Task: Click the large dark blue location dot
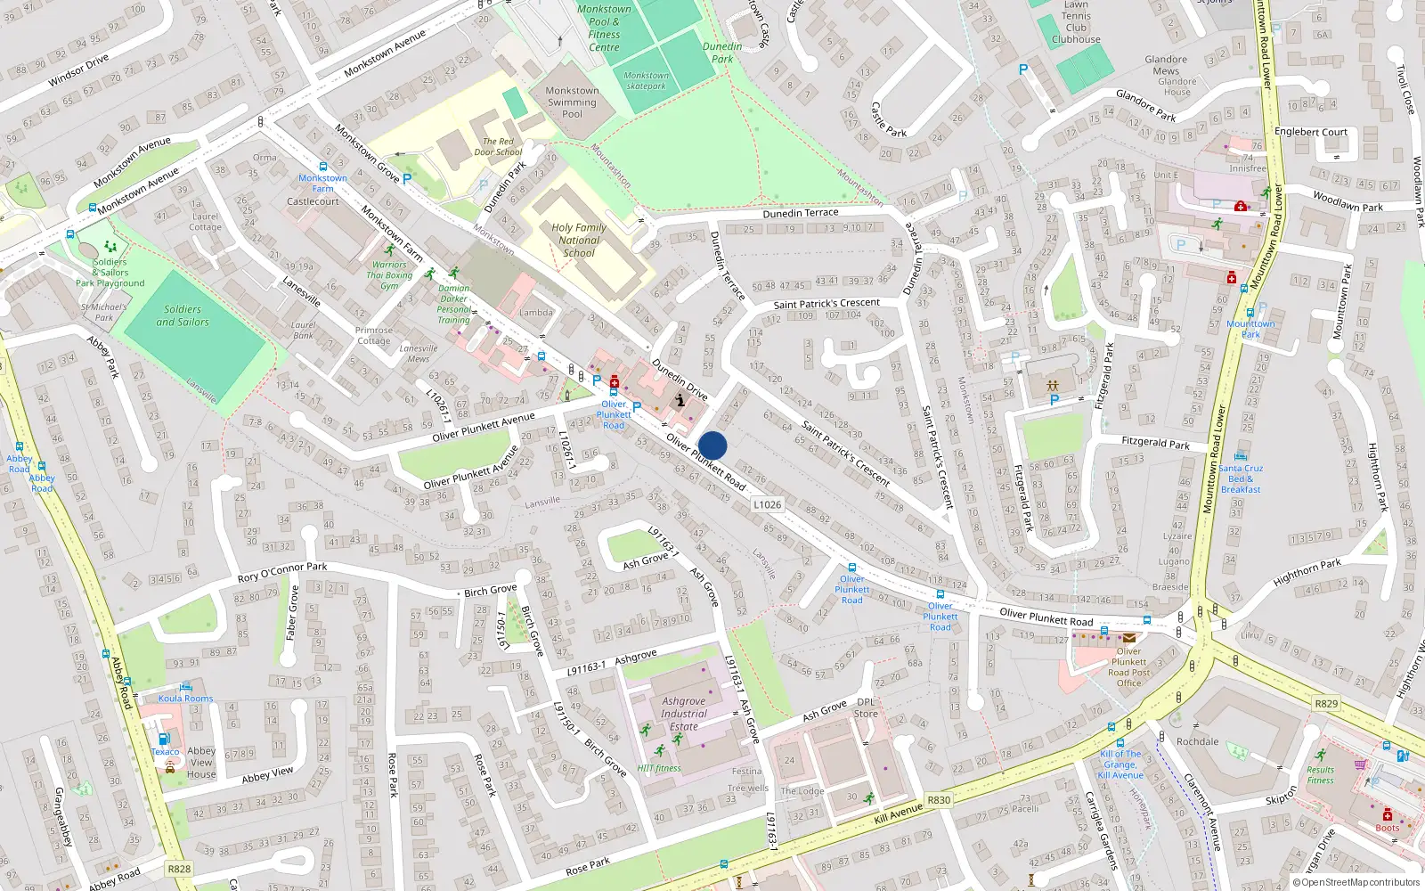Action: click(712, 445)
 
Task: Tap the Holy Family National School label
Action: click(579, 240)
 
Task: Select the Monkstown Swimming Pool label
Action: click(572, 102)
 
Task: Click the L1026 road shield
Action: click(767, 504)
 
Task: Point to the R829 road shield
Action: click(1326, 703)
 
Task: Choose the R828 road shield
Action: click(179, 869)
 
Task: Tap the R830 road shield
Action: click(939, 800)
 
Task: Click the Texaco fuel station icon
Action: click(164, 740)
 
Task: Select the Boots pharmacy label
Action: click(1387, 828)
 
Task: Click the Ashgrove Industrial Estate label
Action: click(684, 714)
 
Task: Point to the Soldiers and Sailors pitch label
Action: click(183, 315)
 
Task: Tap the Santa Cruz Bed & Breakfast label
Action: click(1241, 478)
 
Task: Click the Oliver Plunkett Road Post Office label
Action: click(1128, 667)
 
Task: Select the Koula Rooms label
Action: click(185, 699)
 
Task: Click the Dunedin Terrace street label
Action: click(800, 213)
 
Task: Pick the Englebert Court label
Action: click(1310, 132)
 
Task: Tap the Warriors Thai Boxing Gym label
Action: click(389, 274)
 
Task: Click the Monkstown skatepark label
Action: click(646, 81)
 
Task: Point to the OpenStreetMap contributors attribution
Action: click(1360, 882)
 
